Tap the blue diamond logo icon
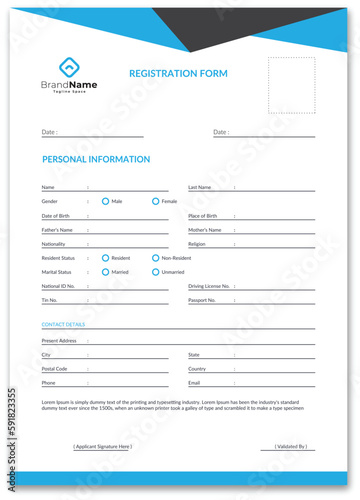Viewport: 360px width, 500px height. pos(68,68)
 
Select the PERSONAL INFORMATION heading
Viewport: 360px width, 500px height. pos(96,159)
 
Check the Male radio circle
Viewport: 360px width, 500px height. pos(105,201)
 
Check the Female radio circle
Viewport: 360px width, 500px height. pos(155,201)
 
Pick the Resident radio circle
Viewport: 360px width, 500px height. pos(105,258)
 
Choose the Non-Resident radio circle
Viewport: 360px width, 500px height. pos(155,258)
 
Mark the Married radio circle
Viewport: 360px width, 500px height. pos(105,272)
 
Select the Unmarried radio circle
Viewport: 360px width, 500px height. pos(155,272)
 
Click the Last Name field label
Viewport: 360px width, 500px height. pos(200,187)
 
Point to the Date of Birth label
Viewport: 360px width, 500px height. pos(56,216)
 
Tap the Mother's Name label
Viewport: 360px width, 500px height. pos(205,230)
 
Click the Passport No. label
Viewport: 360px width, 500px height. pos(202,300)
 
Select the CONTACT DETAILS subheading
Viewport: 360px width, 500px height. pos(63,325)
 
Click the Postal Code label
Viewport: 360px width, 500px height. pos(55,369)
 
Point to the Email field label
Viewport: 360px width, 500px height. pos(195,383)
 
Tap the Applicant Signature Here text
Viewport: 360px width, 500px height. pos(102,446)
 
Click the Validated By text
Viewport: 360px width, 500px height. pos(291,446)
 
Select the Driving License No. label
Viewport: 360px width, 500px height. pos(210,286)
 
